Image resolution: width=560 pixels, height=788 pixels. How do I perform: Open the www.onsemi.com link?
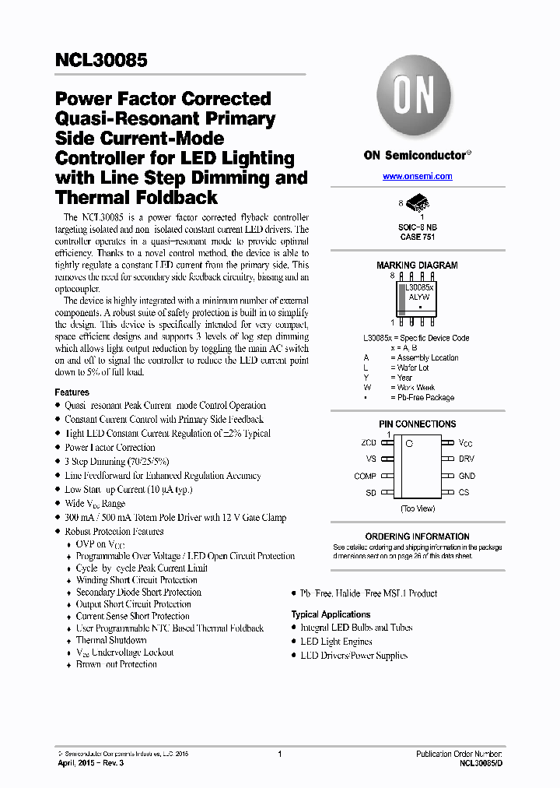[x=417, y=177]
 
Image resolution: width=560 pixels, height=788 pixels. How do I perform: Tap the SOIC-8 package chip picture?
[x=418, y=202]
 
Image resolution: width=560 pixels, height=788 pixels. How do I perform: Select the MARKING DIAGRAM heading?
[x=417, y=266]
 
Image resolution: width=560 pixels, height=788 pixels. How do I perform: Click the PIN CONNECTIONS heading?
[x=417, y=424]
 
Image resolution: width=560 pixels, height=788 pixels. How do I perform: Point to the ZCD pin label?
[x=368, y=442]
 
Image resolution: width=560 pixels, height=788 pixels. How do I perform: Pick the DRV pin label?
[x=466, y=459]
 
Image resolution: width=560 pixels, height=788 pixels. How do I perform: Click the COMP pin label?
[x=365, y=476]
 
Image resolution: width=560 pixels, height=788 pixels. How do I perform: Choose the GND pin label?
[x=467, y=476]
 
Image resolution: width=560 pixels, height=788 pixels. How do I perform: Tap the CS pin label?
[x=464, y=493]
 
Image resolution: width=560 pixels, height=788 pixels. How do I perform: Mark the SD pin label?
[x=371, y=493]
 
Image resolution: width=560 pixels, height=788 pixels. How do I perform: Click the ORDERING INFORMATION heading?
[x=417, y=536]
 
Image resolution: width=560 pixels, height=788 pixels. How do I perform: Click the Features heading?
[x=72, y=392]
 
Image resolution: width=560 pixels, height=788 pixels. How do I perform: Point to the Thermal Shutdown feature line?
[x=111, y=640]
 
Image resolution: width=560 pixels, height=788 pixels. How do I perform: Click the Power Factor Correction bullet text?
[x=110, y=448]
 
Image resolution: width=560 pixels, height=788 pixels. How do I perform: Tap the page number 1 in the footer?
[x=279, y=754]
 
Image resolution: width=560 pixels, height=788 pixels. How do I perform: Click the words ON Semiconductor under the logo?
[x=415, y=155]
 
